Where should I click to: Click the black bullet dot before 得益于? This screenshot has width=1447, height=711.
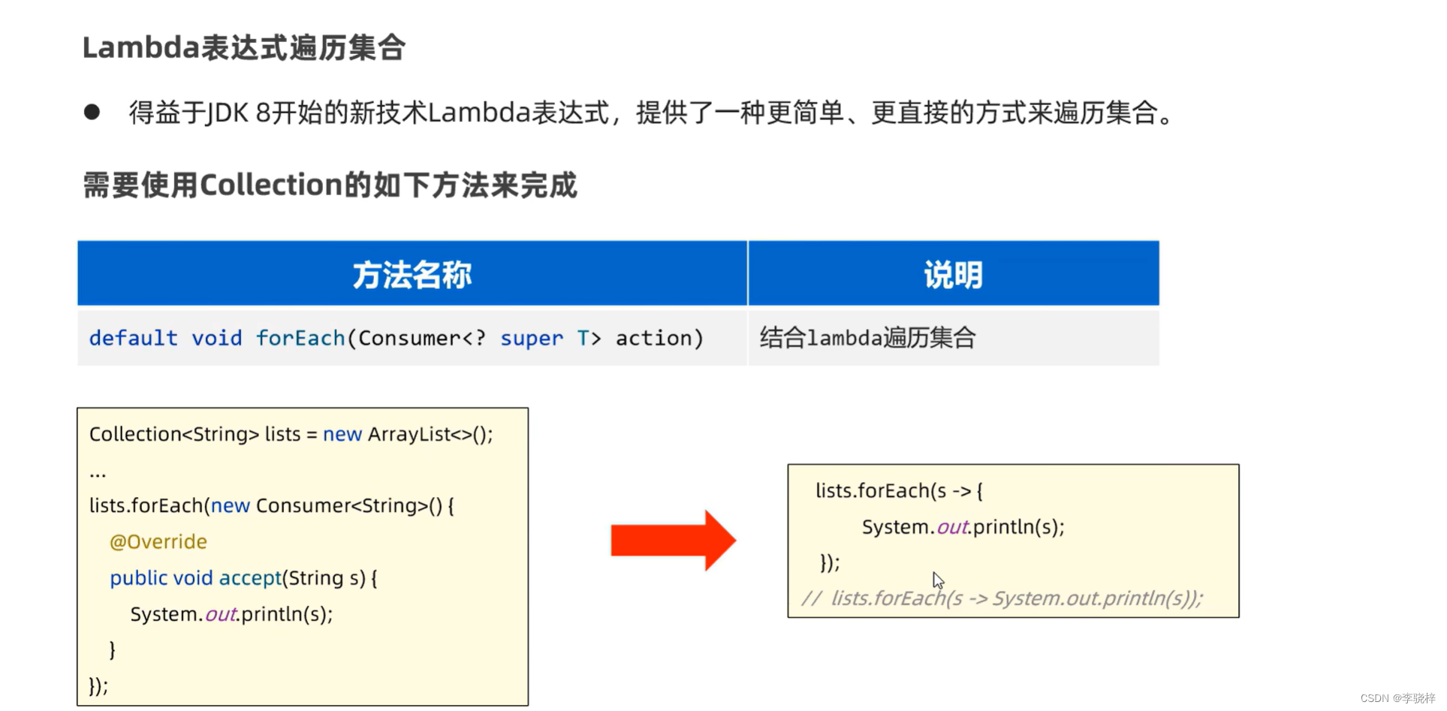[92, 113]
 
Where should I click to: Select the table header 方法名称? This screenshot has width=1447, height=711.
[412, 275]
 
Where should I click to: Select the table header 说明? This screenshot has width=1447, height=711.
[953, 275]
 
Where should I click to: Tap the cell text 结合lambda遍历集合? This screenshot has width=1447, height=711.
[867, 338]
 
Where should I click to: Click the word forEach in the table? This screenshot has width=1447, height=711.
[300, 339]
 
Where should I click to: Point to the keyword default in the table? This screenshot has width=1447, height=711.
[133, 339]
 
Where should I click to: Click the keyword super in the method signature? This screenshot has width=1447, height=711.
[531, 339]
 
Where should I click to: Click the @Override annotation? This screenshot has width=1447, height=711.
[158, 542]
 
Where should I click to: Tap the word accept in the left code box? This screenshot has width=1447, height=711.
[249, 578]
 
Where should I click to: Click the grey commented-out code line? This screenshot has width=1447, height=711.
[1002, 598]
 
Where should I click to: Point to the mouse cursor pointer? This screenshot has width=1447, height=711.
[938, 580]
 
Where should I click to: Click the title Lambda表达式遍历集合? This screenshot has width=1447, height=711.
[244, 48]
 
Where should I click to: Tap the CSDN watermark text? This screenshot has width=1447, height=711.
[1397, 698]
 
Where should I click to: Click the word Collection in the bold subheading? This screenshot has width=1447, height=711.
[271, 185]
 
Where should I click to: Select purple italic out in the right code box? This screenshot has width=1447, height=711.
[952, 527]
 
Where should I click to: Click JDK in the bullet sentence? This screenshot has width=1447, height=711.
[227, 113]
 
